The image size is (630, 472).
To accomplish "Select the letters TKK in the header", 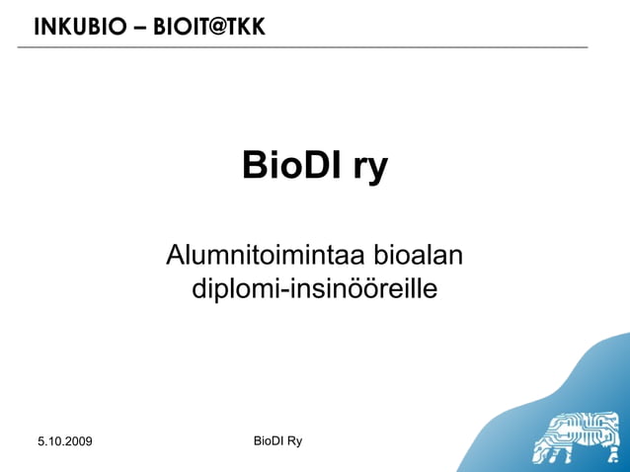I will coord(245,28).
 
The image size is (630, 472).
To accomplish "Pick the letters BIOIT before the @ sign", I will coord(179,28).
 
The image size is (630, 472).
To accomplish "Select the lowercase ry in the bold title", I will coord(364,169).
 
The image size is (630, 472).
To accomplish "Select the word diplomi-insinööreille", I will coord(315,290).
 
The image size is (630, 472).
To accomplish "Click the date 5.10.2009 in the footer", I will coord(64,440).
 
